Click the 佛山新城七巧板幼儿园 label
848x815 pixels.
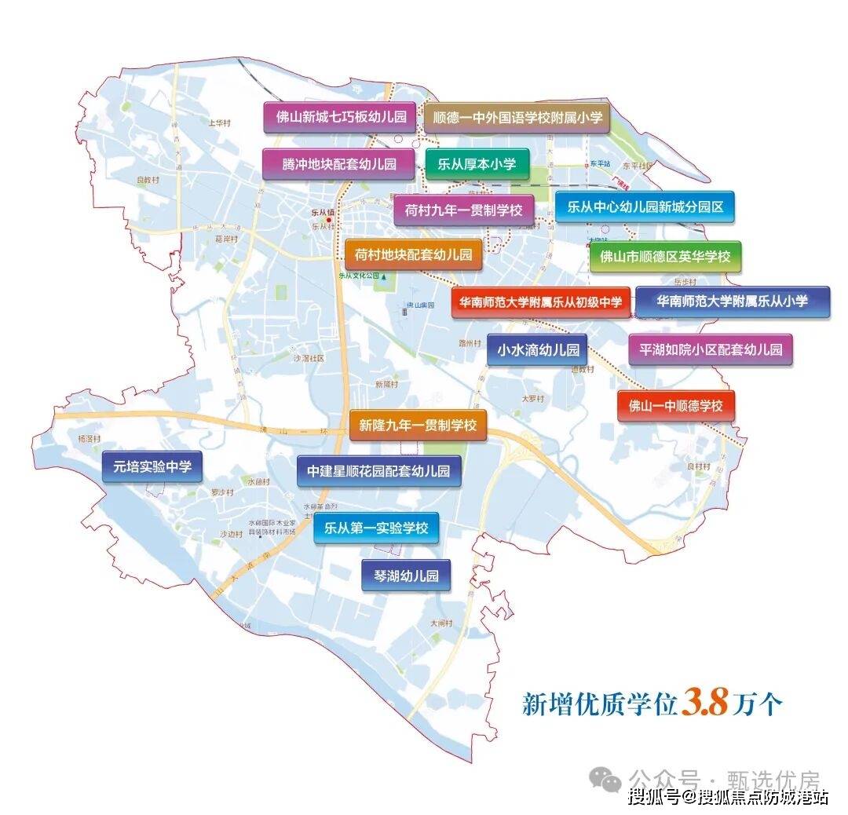coord(340,118)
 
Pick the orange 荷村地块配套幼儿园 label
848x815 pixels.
coord(413,254)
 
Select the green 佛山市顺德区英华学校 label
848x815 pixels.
coord(665,256)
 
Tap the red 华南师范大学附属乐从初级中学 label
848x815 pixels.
coord(540,302)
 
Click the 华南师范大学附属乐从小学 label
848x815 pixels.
coord(732,301)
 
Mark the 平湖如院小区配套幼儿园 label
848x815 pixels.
coord(711,350)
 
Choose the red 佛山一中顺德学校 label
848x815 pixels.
coord(675,406)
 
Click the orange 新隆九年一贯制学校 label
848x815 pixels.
coord(418,426)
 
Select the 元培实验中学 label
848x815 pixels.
coord(152,466)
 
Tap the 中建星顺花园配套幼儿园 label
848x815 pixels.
coord(378,471)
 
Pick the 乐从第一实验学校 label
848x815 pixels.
coord(376,528)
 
